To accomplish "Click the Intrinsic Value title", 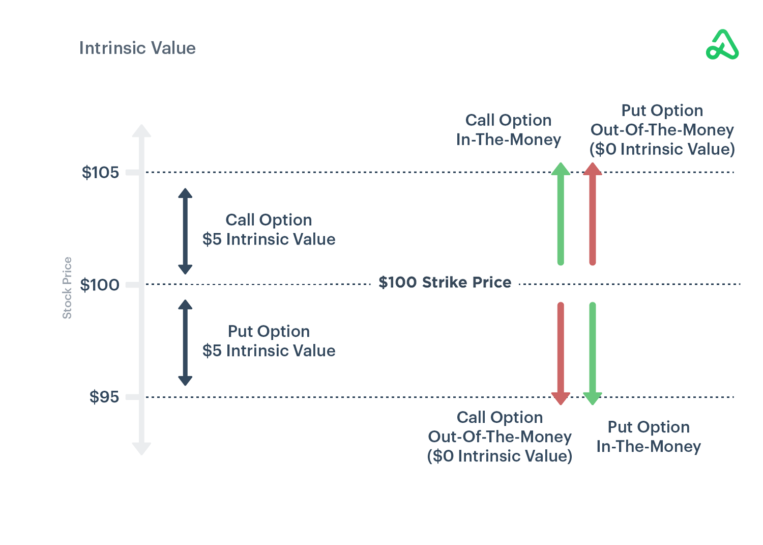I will click(x=137, y=48).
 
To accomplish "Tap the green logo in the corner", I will click(x=722, y=45).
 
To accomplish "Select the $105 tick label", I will click(x=100, y=173).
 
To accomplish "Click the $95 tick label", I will click(x=104, y=397).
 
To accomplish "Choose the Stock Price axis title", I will click(x=67, y=288).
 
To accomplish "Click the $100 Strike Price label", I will click(x=445, y=282).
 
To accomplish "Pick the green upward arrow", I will click(x=561, y=214).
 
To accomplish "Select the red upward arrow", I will click(x=592, y=214).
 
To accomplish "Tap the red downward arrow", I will click(x=561, y=353).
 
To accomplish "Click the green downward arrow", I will click(x=592, y=353).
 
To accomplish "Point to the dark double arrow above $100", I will click(x=185, y=231).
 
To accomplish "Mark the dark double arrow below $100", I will click(x=185, y=342).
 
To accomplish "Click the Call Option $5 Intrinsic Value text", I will click(x=269, y=230).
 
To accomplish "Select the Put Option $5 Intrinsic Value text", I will click(x=269, y=341).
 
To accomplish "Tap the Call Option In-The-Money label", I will click(x=508, y=130).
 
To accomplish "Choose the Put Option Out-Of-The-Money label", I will click(x=662, y=130).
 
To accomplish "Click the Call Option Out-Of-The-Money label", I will click(x=500, y=437).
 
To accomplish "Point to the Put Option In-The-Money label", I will click(x=649, y=437).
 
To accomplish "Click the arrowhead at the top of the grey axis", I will click(x=141, y=130).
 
